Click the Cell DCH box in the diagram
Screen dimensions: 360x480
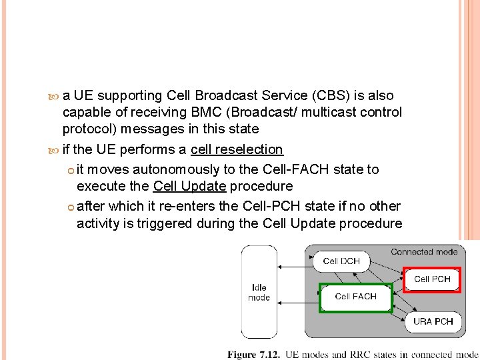(x=341, y=261)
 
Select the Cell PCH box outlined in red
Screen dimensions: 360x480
(x=432, y=279)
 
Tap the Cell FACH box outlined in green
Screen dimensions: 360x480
(x=355, y=297)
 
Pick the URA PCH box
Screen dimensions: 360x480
(x=433, y=321)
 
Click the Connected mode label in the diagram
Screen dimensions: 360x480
(x=424, y=252)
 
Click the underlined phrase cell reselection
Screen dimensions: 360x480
(x=237, y=150)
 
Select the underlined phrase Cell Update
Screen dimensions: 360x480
(x=189, y=186)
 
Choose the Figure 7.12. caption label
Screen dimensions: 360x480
(x=254, y=354)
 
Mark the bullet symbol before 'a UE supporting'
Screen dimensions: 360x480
(x=55, y=96)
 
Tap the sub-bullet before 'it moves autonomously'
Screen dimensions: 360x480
(x=71, y=170)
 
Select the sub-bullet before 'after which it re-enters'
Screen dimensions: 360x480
(x=71, y=207)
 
